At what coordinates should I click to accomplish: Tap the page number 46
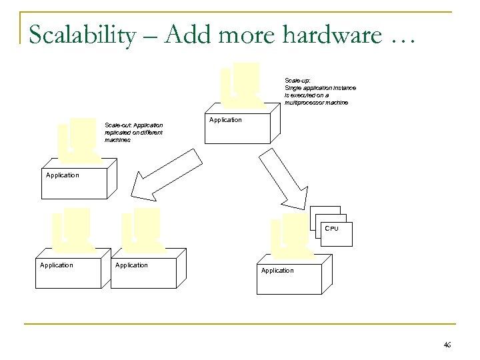(447, 345)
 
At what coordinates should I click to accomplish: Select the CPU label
(331, 229)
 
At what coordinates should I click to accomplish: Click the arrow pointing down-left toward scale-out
(167, 175)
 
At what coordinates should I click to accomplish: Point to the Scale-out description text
(133, 132)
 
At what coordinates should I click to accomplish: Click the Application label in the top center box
(225, 120)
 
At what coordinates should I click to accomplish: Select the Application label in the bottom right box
(277, 270)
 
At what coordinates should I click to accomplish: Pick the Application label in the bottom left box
(57, 265)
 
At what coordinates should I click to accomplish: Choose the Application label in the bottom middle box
(131, 265)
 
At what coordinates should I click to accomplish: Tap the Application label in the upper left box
(62, 175)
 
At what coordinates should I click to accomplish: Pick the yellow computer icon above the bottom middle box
(143, 229)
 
